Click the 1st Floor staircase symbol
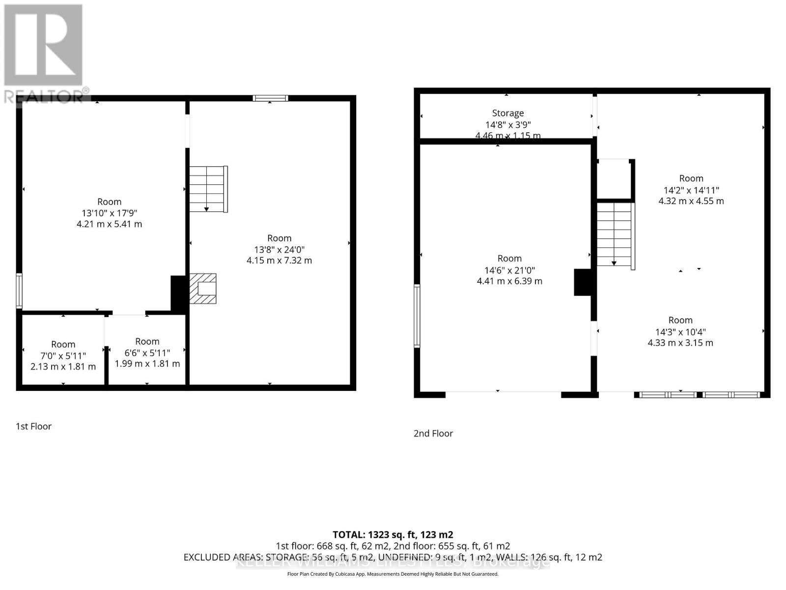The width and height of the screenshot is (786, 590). click(208, 189)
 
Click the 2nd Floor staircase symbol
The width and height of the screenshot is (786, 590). click(615, 235)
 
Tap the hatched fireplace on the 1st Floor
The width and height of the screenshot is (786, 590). click(203, 289)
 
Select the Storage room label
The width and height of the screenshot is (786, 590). click(508, 113)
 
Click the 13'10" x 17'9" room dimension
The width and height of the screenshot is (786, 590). click(109, 213)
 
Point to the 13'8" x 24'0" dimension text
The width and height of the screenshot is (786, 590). click(279, 249)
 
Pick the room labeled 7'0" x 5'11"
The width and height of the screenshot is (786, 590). click(63, 355)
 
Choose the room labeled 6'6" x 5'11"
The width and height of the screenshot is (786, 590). click(147, 353)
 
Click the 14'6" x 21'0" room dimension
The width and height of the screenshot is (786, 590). click(509, 270)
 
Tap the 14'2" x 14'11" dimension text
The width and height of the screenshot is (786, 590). click(691, 190)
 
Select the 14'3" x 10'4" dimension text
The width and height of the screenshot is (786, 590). click(680, 332)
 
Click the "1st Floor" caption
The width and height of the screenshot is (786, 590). click(33, 426)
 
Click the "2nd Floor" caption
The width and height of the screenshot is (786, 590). click(433, 433)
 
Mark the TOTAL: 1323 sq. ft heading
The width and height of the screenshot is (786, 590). click(393, 534)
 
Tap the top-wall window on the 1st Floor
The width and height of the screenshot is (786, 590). click(270, 98)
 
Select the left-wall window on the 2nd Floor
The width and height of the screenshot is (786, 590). click(417, 316)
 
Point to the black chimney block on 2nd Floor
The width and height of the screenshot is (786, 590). click(583, 282)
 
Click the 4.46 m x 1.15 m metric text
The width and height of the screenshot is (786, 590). click(508, 136)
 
